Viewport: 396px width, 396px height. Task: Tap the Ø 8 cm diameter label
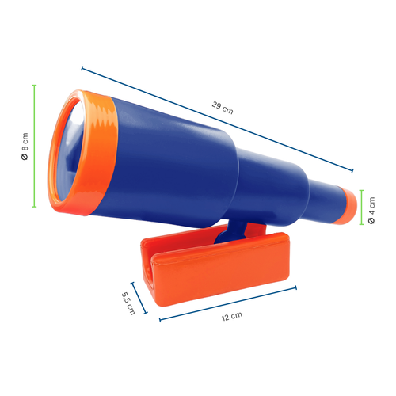pos(25,146)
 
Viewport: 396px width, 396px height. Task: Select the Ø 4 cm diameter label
pos(371,208)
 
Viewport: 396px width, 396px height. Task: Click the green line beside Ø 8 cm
pos(34,146)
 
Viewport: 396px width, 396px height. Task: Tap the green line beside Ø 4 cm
pos(361,208)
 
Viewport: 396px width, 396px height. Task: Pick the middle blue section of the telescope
pos(265,178)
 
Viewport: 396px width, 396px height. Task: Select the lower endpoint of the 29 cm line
pos(352,169)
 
